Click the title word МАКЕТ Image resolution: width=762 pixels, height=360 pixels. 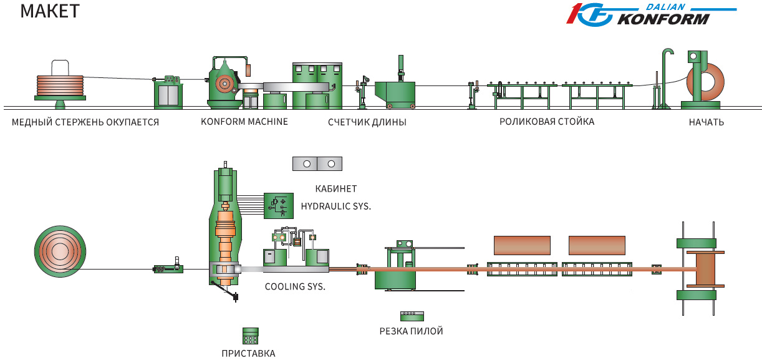pyautogui.click(x=50, y=11)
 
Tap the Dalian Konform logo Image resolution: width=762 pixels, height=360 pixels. pyautogui.click(x=651, y=14)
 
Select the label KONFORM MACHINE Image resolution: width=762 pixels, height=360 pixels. pyautogui.click(x=244, y=122)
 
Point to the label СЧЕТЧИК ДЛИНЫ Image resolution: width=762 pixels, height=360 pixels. pyautogui.click(x=367, y=122)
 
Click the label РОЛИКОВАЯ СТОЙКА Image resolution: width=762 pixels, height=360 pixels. pyautogui.click(x=547, y=122)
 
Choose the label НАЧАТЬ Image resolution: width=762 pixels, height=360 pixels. pyautogui.click(x=707, y=122)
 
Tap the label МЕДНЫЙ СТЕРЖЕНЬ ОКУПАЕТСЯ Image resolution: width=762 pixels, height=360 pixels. pyautogui.click(x=85, y=122)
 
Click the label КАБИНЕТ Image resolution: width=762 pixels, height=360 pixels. pyautogui.click(x=335, y=188)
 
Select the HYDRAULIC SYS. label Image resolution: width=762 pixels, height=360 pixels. pyautogui.click(x=335, y=206)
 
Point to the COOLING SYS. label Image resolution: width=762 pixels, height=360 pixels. pyautogui.click(x=295, y=286)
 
